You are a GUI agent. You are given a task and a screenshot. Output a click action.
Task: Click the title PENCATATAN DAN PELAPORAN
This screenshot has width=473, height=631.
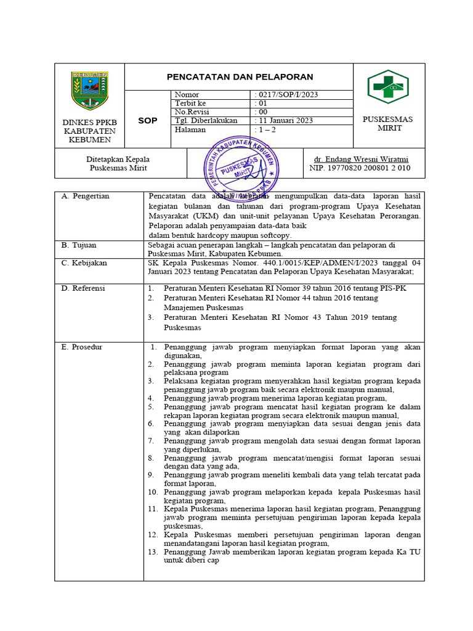[x=240, y=77]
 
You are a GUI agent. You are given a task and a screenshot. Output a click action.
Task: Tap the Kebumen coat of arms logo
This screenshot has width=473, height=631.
[x=89, y=91]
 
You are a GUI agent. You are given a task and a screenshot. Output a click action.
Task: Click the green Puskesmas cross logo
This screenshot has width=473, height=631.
[x=388, y=87]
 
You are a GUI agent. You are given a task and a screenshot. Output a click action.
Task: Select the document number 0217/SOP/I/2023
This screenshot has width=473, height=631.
[x=287, y=95]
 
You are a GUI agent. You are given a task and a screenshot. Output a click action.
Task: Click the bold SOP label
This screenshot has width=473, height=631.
[x=147, y=121]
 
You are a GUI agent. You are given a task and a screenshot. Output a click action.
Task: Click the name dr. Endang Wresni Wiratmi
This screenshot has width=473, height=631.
[x=361, y=159]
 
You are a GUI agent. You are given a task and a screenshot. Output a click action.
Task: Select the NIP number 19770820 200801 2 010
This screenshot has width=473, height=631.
[x=360, y=168]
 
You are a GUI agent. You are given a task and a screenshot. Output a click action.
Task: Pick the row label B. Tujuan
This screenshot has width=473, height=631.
[x=79, y=245]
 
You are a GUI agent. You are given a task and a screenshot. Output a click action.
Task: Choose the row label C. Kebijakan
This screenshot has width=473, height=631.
[x=84, y=263]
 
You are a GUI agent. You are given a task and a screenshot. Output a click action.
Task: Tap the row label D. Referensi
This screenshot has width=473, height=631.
[x=83, y=288]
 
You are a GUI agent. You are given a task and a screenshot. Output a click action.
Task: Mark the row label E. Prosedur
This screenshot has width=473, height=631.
[x=82, y=348]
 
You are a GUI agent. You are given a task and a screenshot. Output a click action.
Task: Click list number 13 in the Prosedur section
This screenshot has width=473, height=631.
[x=153, y=552]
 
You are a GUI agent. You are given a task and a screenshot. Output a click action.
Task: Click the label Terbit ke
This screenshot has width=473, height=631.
[x=190, y=104]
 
